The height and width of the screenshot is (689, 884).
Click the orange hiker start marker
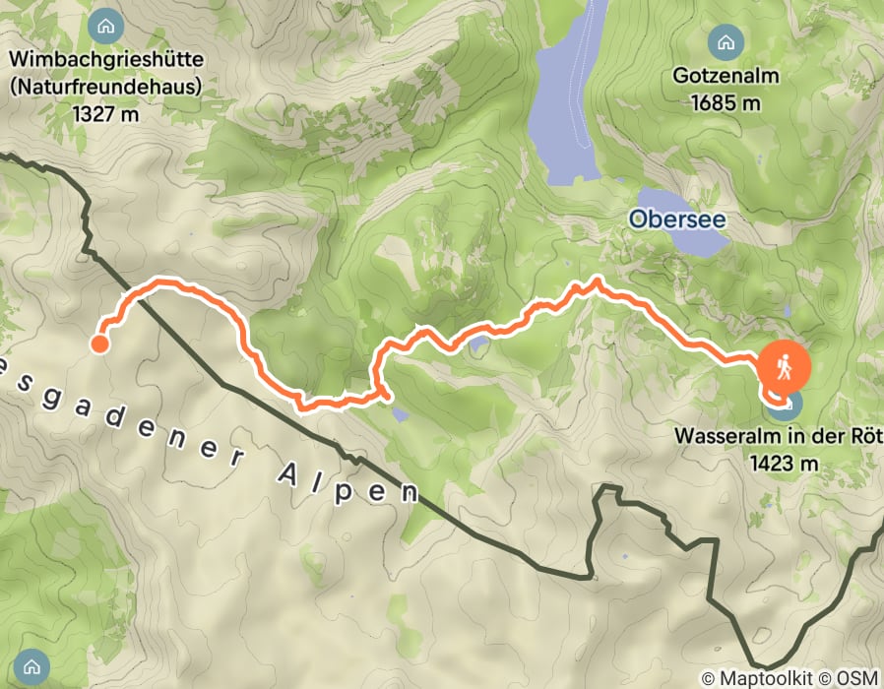784,367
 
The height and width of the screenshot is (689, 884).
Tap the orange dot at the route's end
99,344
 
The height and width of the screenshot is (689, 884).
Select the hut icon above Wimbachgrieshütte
105,25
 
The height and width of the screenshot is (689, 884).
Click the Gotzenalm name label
726,76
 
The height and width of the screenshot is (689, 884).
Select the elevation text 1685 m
726,101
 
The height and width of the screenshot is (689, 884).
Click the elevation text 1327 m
105,113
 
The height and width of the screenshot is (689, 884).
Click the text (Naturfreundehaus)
105,87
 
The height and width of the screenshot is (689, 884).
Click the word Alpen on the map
345,477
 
